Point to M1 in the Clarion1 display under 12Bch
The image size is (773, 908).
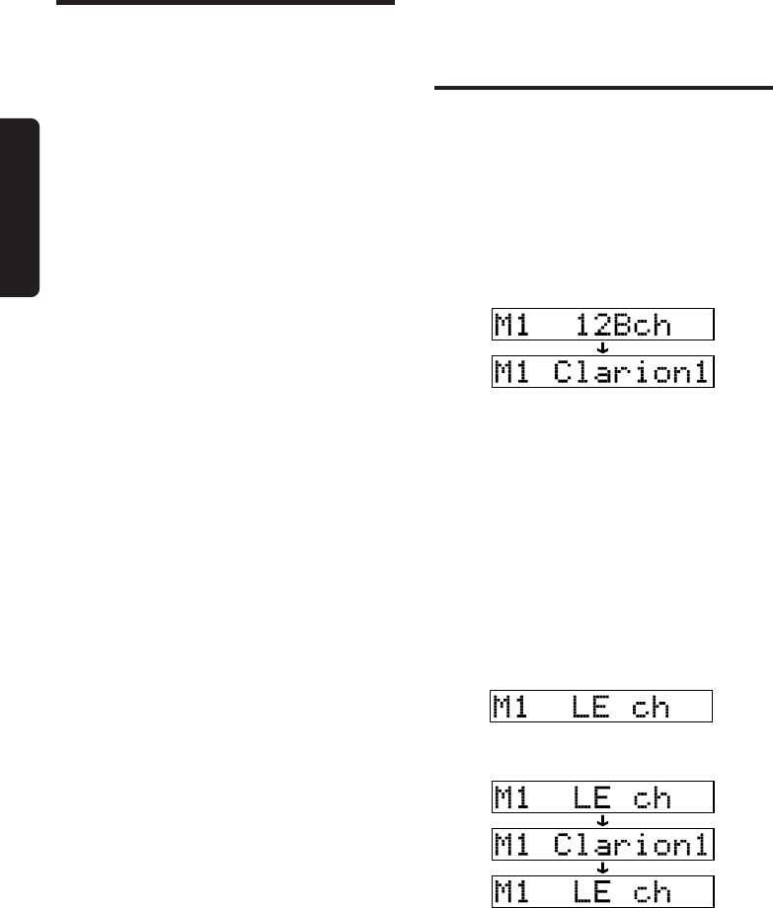point(515,373)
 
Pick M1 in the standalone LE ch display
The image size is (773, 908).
point(513,707)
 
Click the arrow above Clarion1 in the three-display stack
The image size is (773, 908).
point(603,820)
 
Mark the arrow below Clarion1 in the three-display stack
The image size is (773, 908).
point(603,868)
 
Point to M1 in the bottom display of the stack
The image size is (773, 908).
point(513,891)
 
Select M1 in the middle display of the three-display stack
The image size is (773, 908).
point(513,844)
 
